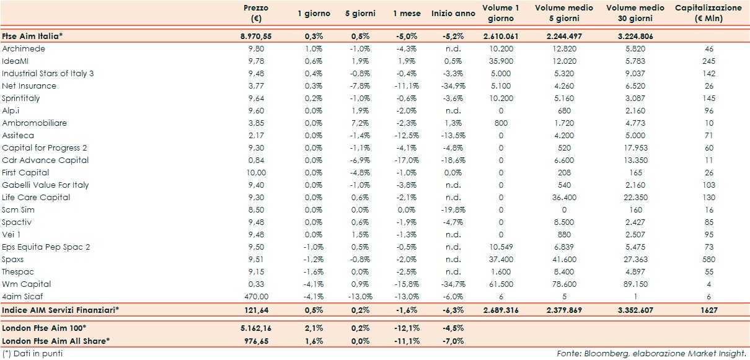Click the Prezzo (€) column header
255,13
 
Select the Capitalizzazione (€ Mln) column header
707,13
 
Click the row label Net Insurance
29,86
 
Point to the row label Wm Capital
27,284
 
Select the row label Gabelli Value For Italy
45,185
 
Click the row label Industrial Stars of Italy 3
48,73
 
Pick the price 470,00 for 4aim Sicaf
256,296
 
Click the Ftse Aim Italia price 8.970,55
256,36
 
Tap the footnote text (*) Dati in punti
32,353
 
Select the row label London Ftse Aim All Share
56,340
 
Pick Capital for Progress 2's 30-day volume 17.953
635,147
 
